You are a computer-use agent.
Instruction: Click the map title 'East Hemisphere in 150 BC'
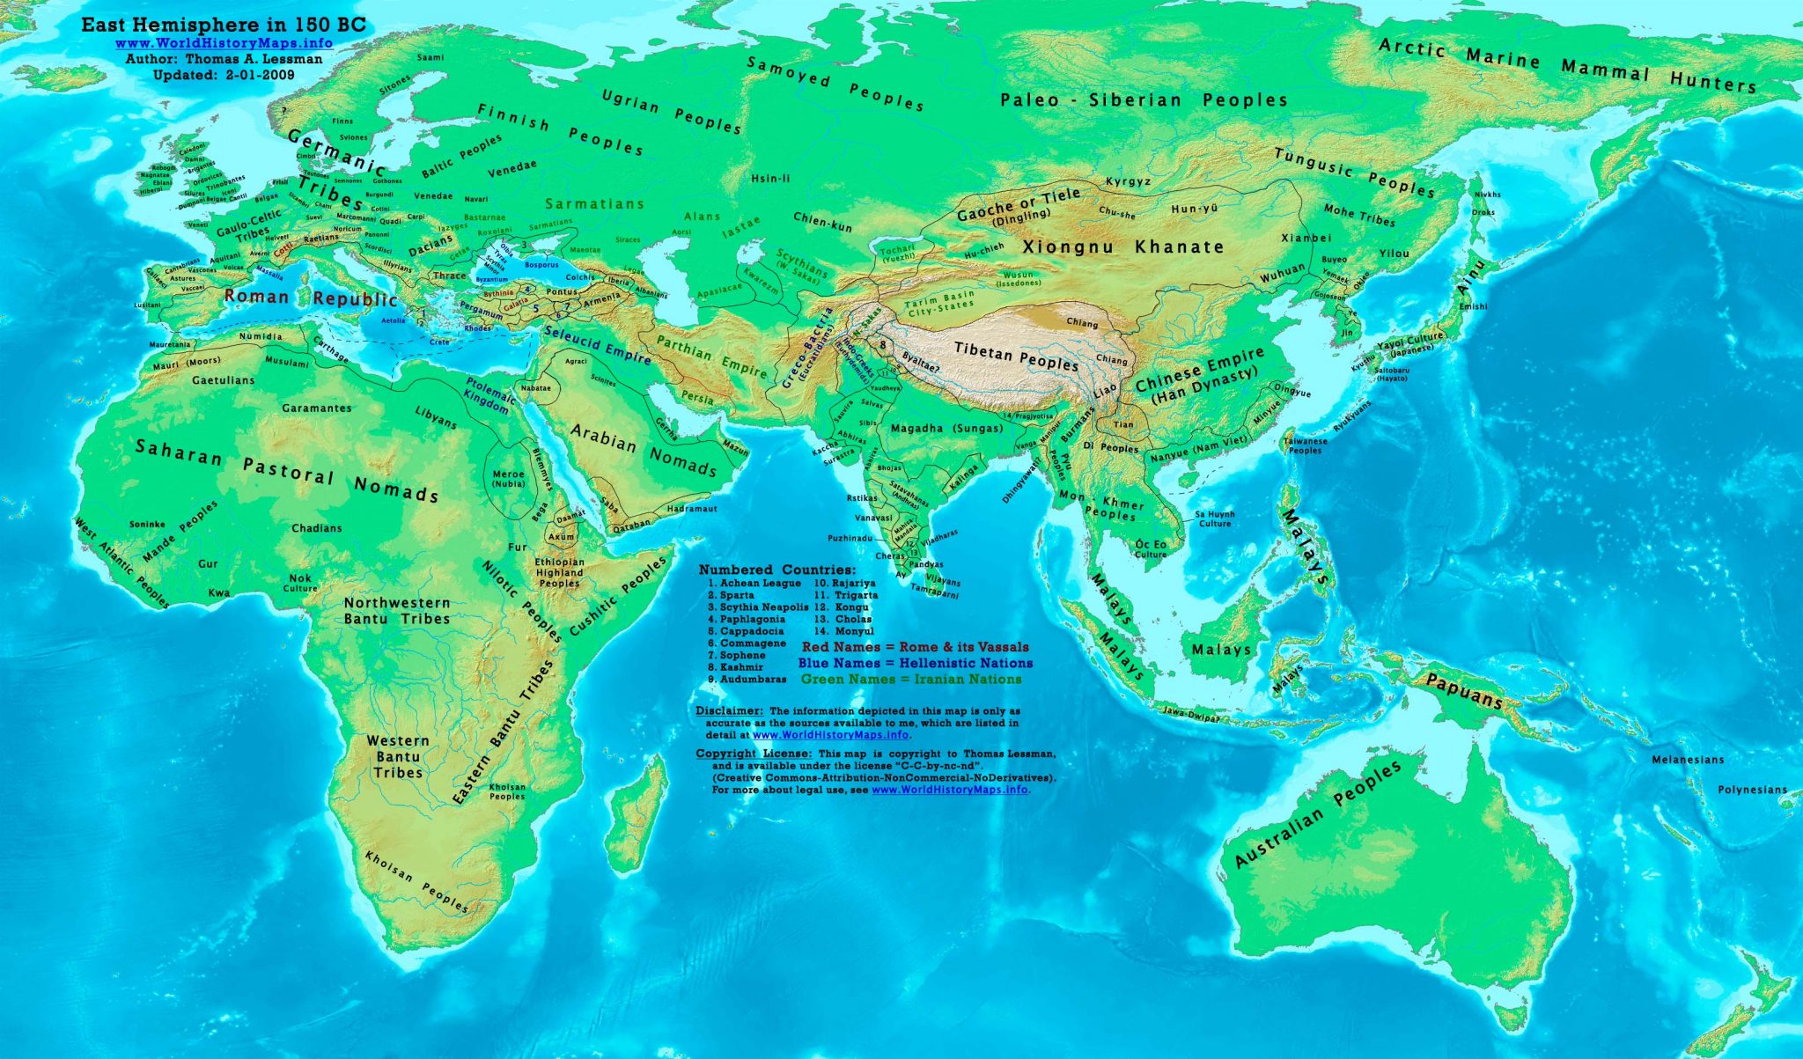223,26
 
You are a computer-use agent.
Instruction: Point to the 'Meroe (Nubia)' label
508,479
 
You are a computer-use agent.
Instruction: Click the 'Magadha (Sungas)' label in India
946,429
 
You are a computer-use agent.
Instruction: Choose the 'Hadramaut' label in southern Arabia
692,509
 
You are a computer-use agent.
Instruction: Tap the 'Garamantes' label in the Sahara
317,408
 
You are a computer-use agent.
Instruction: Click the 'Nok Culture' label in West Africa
300,583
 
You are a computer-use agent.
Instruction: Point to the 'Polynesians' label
1752,790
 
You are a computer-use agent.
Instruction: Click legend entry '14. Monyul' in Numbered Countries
843,631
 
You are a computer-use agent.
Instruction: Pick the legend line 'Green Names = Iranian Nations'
911,680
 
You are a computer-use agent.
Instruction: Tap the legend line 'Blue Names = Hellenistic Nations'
916,663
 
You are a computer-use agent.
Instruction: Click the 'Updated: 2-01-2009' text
224,75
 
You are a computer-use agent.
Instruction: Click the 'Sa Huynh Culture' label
1214,518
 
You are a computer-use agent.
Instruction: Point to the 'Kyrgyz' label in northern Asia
1128,182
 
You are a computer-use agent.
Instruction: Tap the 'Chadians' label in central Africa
316,528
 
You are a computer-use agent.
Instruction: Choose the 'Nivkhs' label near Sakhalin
1487,195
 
